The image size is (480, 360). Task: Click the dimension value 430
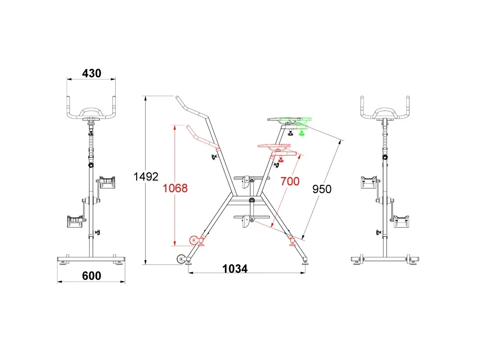[x=92, y=73]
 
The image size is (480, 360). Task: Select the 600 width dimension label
[x=92, y=276]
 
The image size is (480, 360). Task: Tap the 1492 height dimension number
[x=146, y=177]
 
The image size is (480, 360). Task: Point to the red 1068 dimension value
[x=175, y=188]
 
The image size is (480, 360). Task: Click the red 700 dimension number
[x=290, y=181]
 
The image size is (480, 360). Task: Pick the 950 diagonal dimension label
[x=322, y=189]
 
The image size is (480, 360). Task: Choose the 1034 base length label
[x=235, y=269]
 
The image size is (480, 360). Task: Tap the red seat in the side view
[x=274, y=146]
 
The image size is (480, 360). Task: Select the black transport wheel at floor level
[x=181, y=259]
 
